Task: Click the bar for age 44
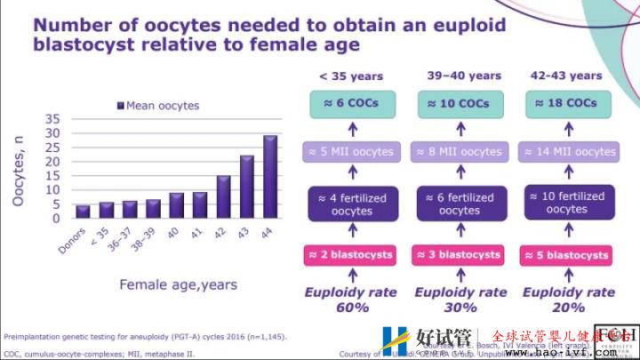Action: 270,177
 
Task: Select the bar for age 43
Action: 247,187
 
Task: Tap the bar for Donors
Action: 83,212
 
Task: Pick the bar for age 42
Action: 224,196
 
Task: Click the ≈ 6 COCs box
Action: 350,103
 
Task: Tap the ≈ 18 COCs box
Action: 567,103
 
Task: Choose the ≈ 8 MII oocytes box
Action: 459,152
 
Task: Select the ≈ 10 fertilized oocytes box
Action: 567,202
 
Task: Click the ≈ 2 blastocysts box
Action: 350,255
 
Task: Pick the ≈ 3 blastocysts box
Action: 459,255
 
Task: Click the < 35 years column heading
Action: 350,76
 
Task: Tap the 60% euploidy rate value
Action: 351,308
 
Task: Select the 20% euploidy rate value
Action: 568,308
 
